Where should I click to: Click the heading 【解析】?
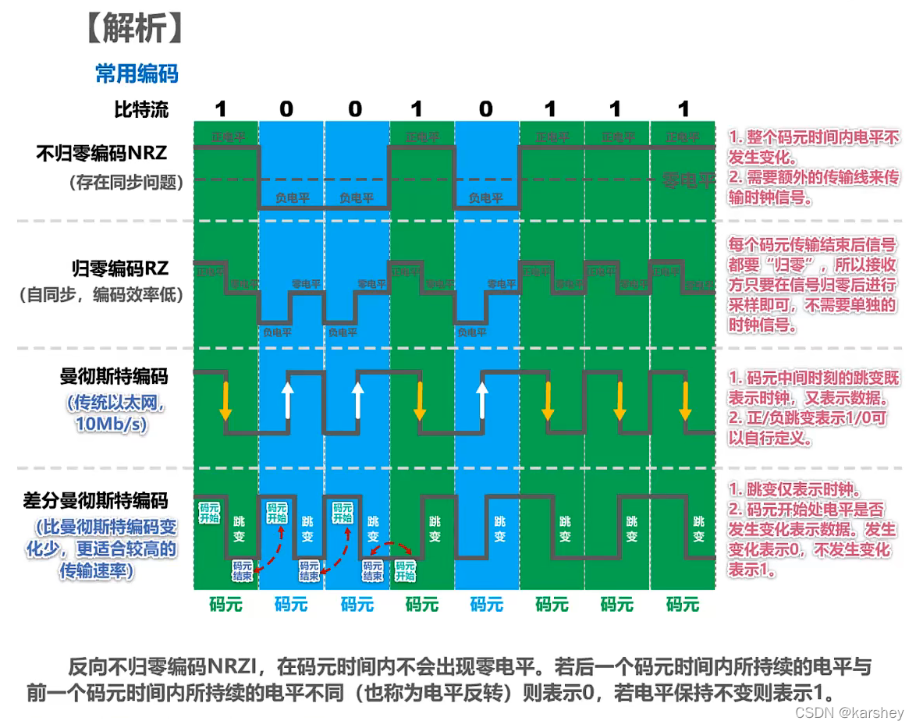(x=133, y=29)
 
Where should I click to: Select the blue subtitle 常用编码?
(x=137, y=73)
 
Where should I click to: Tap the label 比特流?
(x=141, y=108)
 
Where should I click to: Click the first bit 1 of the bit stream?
(x=222, y=108)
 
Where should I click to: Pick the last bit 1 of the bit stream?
(x=683, y=108)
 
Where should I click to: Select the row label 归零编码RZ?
(x=120, y=269)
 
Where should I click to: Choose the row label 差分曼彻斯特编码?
(x=95, y=501)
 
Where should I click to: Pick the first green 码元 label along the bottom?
(x=226, y=603)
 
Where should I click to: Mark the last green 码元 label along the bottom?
(x=683, y=603)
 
